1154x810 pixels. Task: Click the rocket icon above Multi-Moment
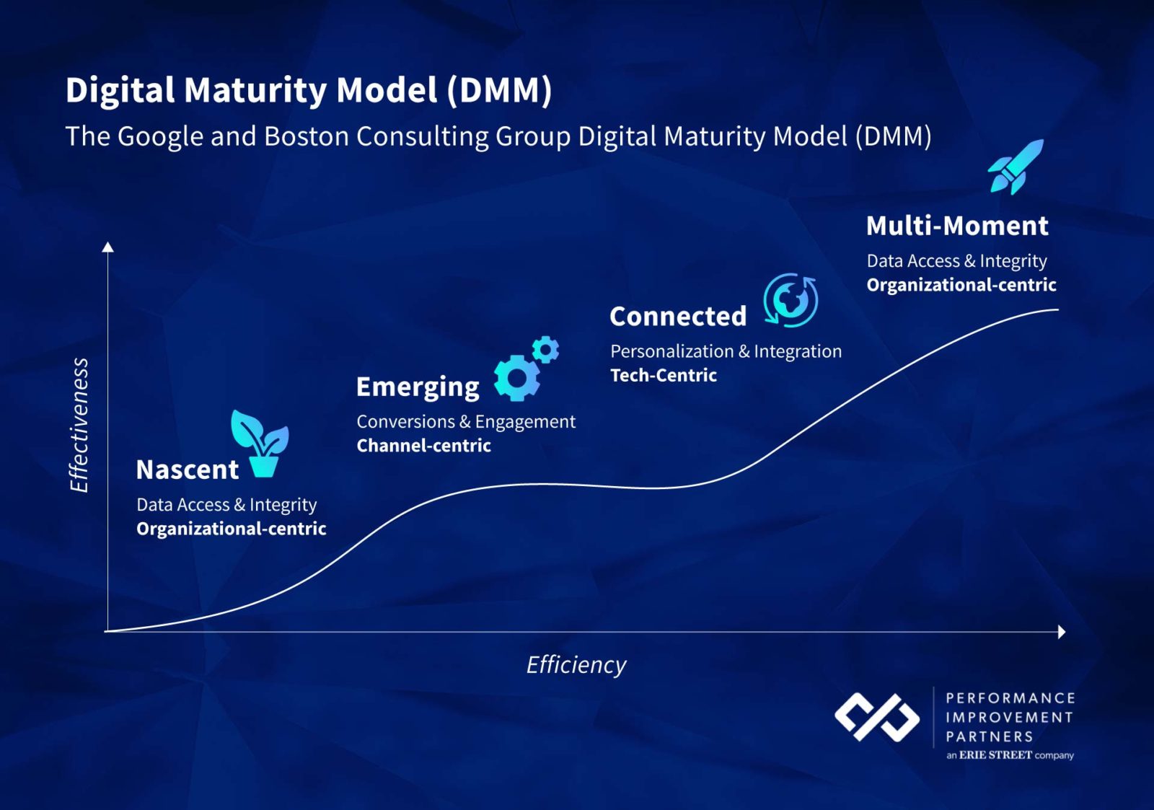coord(1016,167)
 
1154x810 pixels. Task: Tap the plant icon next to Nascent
coord(260,444)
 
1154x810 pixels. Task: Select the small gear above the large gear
coord(545,350)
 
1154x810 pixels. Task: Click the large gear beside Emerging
coord(516,378)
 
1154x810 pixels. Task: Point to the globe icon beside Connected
coord(791,300)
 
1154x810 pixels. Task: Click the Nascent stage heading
coord(188,470)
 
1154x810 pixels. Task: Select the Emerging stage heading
coord(418,387)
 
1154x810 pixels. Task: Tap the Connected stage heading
coord(678,316)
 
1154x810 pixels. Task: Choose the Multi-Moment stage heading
coord(957,226)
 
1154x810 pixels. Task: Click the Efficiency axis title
coord(576,664)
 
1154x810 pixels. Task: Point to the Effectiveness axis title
coord(79,426)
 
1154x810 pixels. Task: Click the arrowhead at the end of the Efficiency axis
coord(1061,632)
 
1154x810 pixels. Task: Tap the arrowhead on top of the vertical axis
coord(108,247)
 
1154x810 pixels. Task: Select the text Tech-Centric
coord(664,375)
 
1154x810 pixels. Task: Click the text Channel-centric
coord(423,446)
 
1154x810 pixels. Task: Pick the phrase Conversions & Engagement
coord(466,421)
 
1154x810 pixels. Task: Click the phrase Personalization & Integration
coord(726,351)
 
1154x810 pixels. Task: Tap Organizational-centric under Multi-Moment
coord(961,285)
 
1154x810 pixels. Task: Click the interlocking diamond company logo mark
coord(877,718)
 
